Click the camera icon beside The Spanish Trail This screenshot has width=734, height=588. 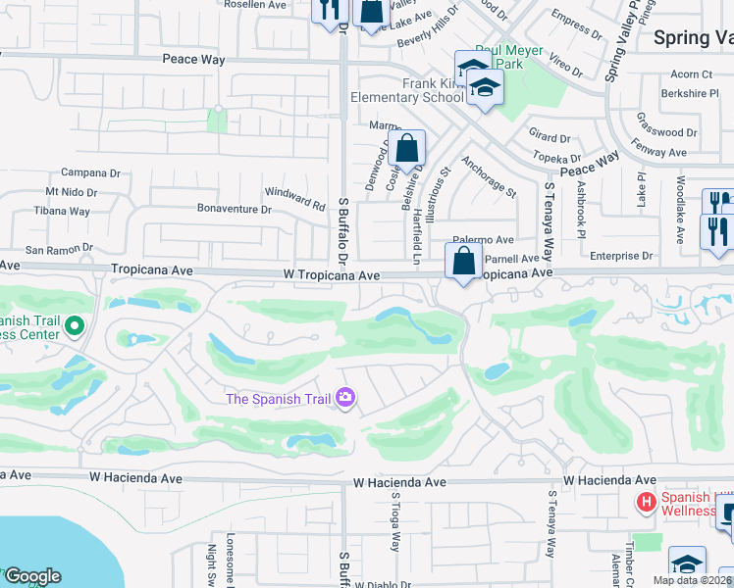[x=345, y=398]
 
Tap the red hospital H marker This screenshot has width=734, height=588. [x=646, y=503]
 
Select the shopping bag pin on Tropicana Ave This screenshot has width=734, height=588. [x=462, y=262]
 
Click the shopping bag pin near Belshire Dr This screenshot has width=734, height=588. [x=407, y=149]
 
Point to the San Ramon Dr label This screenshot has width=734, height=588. [x=59, y=249]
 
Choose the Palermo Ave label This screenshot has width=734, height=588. [x=484, y=240]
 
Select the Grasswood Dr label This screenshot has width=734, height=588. [x=666, y=132]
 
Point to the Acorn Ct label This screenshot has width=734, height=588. [x=692, y=74]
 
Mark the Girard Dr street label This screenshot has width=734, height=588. [x=550, y=139]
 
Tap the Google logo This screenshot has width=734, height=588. [x=32, y=576]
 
